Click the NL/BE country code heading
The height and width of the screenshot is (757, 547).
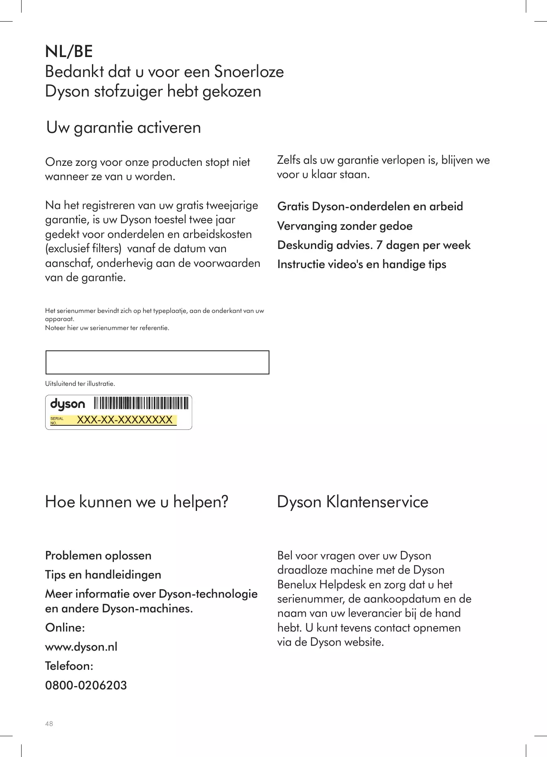[x=69, y=52]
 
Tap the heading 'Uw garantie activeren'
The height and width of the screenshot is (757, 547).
[x=123, y=128]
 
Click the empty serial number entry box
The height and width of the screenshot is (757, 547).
[x=157, y=362]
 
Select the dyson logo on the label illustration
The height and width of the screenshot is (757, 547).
[x=68, y=404]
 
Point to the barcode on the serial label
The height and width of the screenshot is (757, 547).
[x=141, y=403]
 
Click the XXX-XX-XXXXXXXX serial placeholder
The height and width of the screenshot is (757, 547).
[x=125, y=420]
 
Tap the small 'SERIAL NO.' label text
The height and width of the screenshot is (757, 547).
[x=57, y=421]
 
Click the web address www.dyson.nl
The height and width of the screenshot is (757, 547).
[x=81, y=647]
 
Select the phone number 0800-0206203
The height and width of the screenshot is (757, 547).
[x=86, y=685]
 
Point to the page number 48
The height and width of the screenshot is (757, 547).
[x=49, y=724]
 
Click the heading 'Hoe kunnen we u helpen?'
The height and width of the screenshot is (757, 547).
[x=136, y=502]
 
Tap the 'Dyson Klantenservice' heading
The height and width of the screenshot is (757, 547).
[x=352, y=502]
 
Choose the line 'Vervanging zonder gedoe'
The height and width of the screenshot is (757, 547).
[x=345, y=226]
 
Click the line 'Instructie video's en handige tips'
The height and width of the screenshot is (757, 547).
[x=361, y=264]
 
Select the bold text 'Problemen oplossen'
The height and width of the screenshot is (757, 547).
[x=98, y=555]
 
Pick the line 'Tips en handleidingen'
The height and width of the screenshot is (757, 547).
[x=103, y=574]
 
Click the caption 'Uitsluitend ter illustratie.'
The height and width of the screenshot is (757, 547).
[x=80, y=383]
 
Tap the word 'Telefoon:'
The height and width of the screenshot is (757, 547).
[x=69, y=666]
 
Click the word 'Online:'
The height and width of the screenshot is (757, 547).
[x=65, y=627]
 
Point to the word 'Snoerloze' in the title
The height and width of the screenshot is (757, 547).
[x=249, y=72]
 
